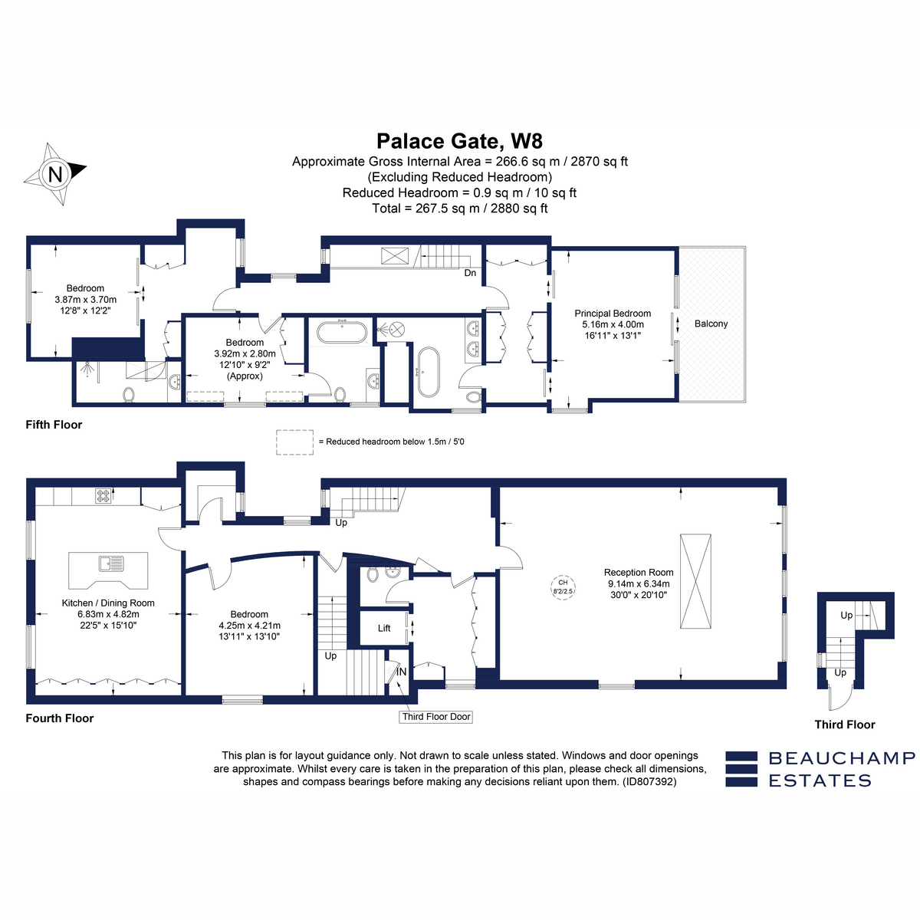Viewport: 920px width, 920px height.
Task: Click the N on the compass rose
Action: pyautogui.click(x=55, y=174)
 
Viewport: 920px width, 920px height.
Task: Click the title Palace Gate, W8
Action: pyautogui.click(x=459, y=141)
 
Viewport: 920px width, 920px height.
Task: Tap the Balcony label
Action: pyautogui.click(x=711, y=324)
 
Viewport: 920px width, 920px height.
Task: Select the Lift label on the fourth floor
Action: pyautogui.click(x=384, y=629)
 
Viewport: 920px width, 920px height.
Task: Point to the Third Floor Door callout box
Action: pyautogui.click(x=435, y=717)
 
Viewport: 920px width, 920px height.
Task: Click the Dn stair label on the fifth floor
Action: pyautogui.click(x=470, y=273)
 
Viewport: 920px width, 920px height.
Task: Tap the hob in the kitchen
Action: pyautogui.click(x=103, y=496)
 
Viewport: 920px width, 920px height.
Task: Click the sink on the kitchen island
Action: pyautogui.click(x=111, y=563)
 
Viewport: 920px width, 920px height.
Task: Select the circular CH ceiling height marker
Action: pyautogui.click(x=563, y=587)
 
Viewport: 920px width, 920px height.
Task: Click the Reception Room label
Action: pyautogui.click(x=639, y=573)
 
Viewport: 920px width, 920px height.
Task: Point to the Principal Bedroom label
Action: pyautogui.click(x=613, y=314)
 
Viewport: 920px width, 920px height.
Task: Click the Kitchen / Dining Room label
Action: pyautogui.click(x=108, y=603)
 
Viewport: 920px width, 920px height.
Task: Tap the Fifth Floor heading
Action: pyautogui.click(x=54, y=425)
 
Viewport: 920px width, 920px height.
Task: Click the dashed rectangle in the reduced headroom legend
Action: pyautogui.click(x=294, y=442)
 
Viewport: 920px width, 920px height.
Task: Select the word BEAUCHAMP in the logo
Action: pyautogui.click(x=842, y=758)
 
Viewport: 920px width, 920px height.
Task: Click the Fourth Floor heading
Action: pyautogui.click(x=60, y=718)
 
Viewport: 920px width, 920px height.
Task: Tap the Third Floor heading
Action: pyautogui.click(x=845, y=724)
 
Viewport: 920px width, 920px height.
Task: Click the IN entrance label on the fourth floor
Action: pyautogui.click(x=401, y=672)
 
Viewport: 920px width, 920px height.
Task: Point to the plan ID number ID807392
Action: pyautogui.click(x=649, y=782)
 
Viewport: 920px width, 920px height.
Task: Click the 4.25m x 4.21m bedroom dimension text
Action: pyautogui.click(x=250, y=626)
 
